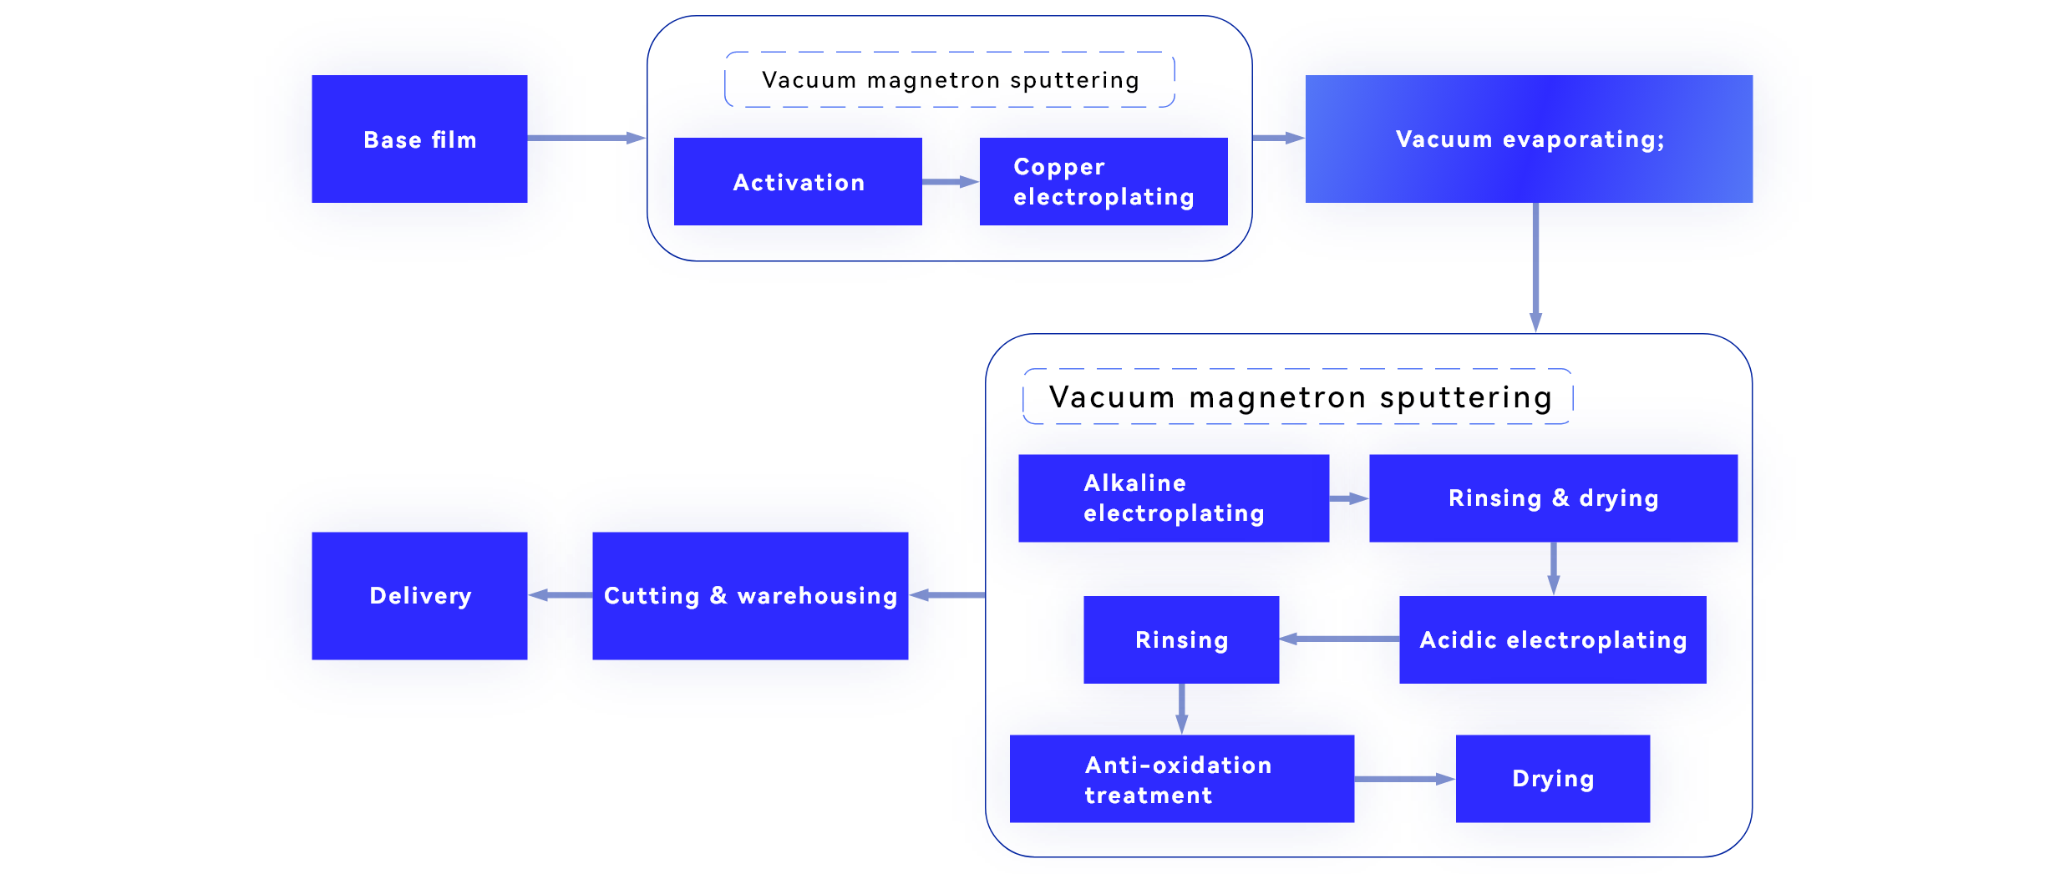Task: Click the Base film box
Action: point(419,139)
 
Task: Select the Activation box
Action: point(798,182)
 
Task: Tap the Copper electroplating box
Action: point(1103,182)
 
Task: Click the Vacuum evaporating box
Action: point(1529,139)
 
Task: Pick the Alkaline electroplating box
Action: point(1173,498)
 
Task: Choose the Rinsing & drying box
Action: point(1553,498)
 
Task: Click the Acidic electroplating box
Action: point(1552,640)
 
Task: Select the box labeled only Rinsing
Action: point(1181,640)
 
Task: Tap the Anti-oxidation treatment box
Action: point(1181,780)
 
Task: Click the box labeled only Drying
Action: point(1553,779)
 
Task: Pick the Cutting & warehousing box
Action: point(750,596)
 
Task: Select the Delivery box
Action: point(419,596)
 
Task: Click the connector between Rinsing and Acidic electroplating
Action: point(1339,639)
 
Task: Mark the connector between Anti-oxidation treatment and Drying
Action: point(1405,779)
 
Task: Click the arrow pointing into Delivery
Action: point(546,595)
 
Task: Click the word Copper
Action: point(1059,167)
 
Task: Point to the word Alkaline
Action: point(1134,483)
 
